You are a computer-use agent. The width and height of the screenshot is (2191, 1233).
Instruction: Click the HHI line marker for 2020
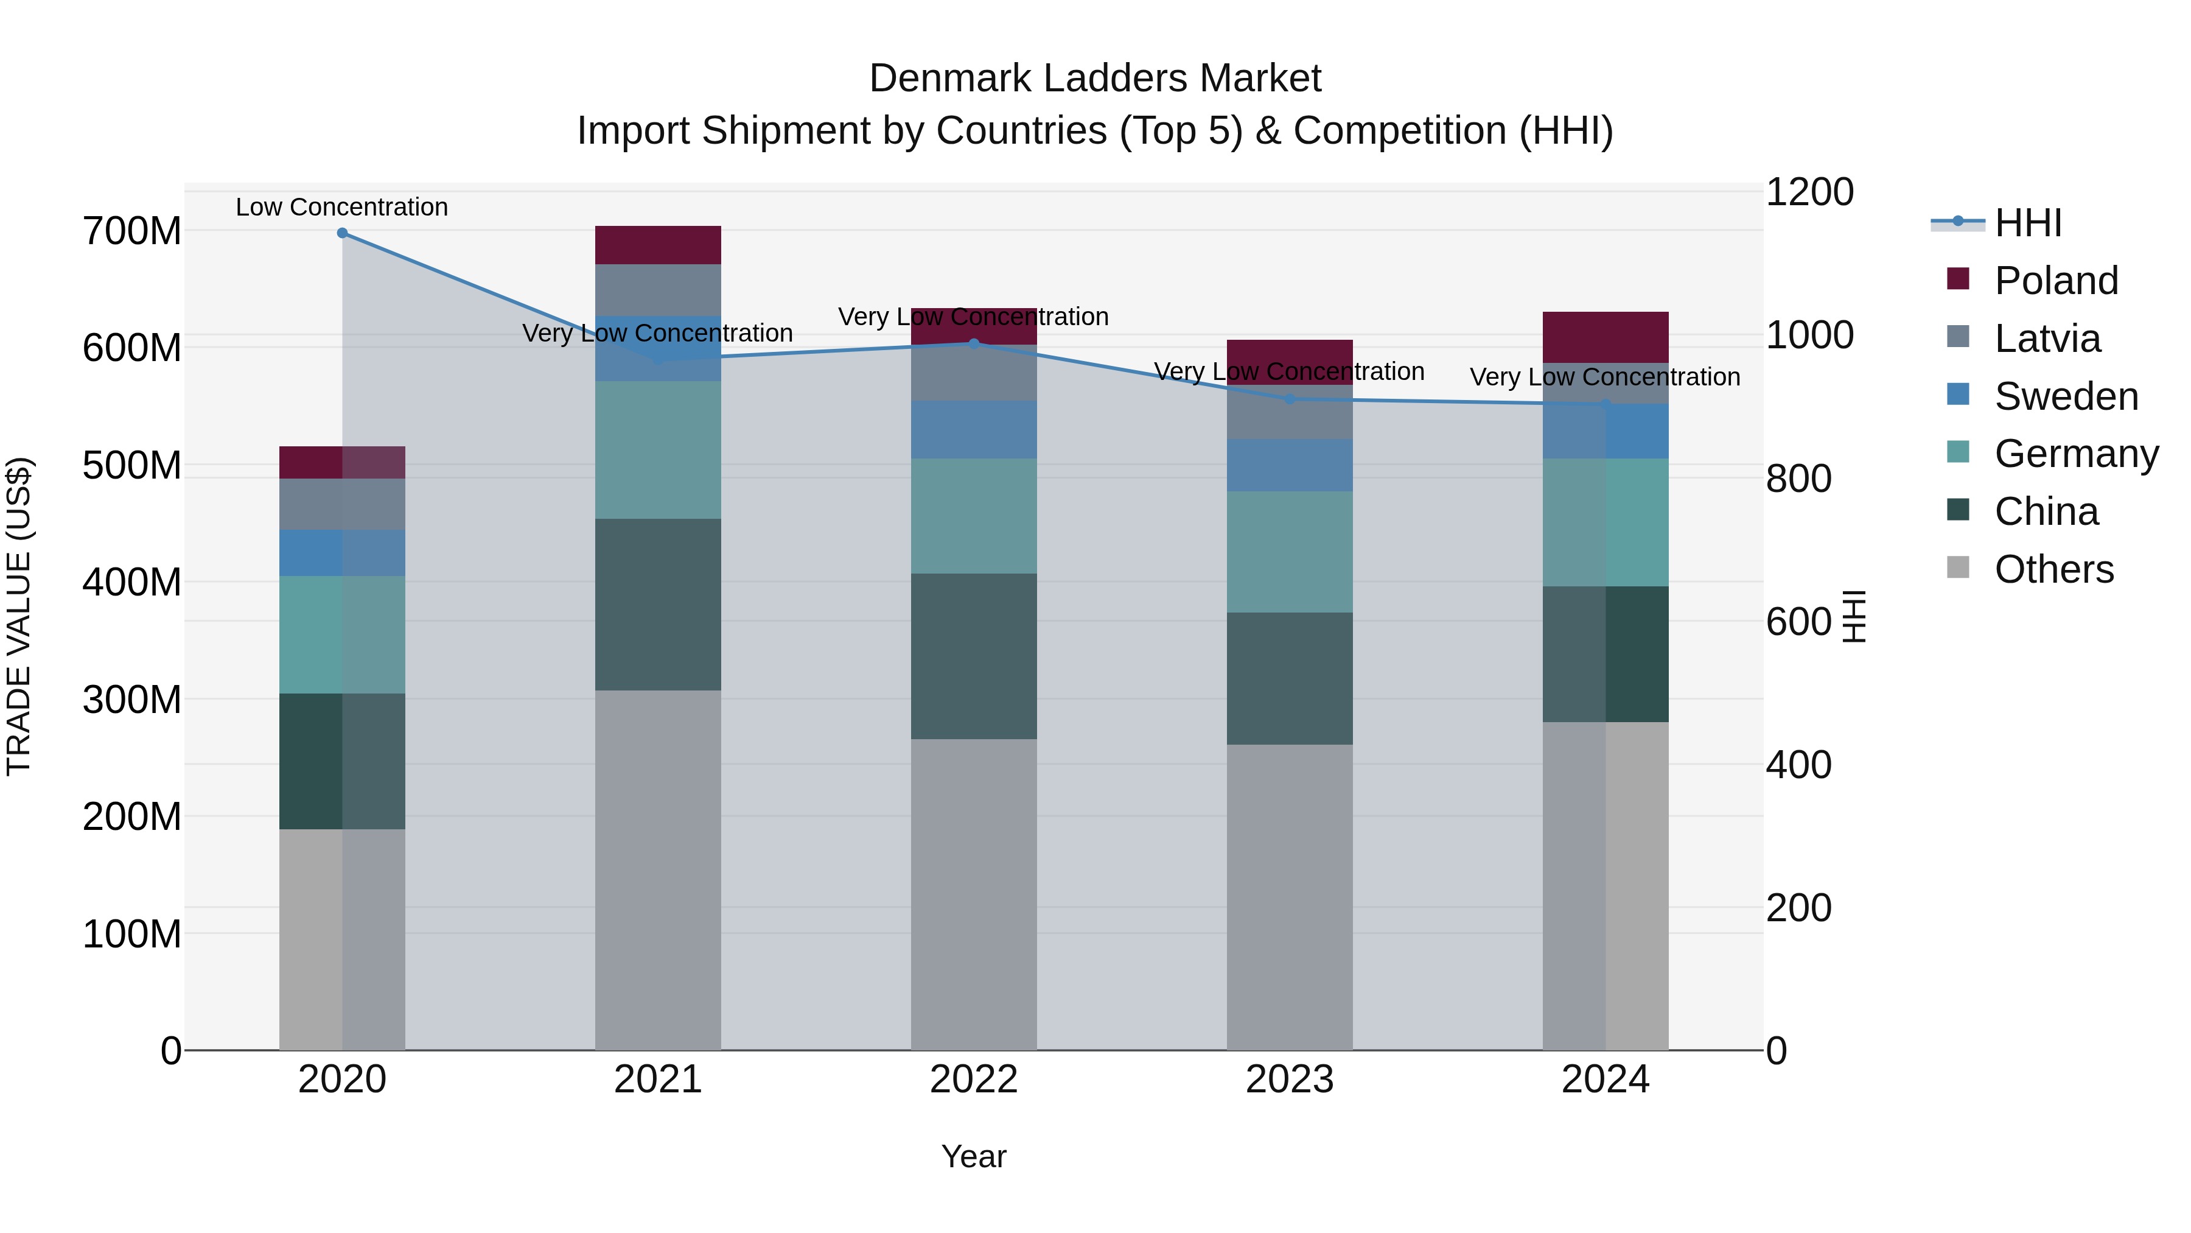click(x=342, y=233)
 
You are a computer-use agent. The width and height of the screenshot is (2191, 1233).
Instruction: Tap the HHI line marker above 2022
click(x=974, y=344)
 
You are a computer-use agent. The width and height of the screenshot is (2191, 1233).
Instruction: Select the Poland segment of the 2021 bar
click(x=657, y=245)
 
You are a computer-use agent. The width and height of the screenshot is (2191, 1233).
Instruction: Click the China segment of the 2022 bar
click(x=974, y=656)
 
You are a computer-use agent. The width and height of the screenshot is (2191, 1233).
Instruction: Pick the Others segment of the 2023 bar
click(x=1290, y=897)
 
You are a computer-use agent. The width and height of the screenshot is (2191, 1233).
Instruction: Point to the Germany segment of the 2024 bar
click(x=1605, y=522)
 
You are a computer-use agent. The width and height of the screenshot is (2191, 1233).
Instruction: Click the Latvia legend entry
click(x=2047, y=339)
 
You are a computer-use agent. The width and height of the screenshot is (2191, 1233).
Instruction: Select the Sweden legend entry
click(x=2066, y=396)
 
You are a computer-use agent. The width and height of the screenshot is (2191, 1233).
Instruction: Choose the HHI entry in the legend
click(x=2028, y=223)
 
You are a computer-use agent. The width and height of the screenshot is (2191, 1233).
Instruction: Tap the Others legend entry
click(x=2053, y=569)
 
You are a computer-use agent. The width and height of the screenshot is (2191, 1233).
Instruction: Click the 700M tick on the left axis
click(x=132, y=231)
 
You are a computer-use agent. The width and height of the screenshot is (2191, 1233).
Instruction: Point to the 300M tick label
click(x=132, y=700)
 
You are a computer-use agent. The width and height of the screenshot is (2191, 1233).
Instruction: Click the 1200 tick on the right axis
click(x=1810, y=192)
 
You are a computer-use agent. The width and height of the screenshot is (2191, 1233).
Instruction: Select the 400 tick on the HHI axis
click(x=1798, y=765)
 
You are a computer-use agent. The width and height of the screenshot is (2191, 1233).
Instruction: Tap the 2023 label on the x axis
click(x=1290, y=1080)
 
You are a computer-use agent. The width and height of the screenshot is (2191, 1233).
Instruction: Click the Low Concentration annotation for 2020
click(x=342, y=207)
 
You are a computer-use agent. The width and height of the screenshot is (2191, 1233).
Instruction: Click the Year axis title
click(x=974, y=1156)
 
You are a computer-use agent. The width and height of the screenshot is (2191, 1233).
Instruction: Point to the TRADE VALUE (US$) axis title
click(x=19, y=616)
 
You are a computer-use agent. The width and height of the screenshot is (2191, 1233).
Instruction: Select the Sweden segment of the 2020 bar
click(x=342, y=553)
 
